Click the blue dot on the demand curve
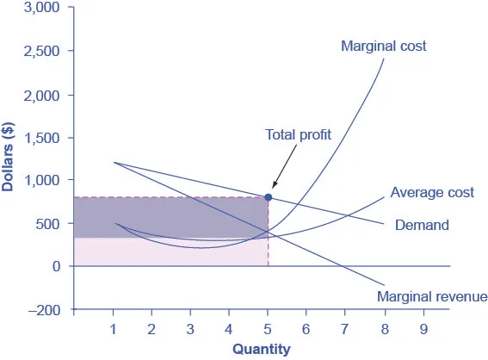point(268,197)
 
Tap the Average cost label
point(432,193)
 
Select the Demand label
point(422,226)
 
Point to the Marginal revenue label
point(433,297)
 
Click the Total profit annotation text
point(298,135)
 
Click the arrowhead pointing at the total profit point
point(272,186)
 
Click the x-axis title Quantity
point(261,349)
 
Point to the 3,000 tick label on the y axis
point(41,8)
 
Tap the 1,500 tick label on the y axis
point(41,138)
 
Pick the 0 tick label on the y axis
point(56,266)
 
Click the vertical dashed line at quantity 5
point(268,250)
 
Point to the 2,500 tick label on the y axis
point(41,52)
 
